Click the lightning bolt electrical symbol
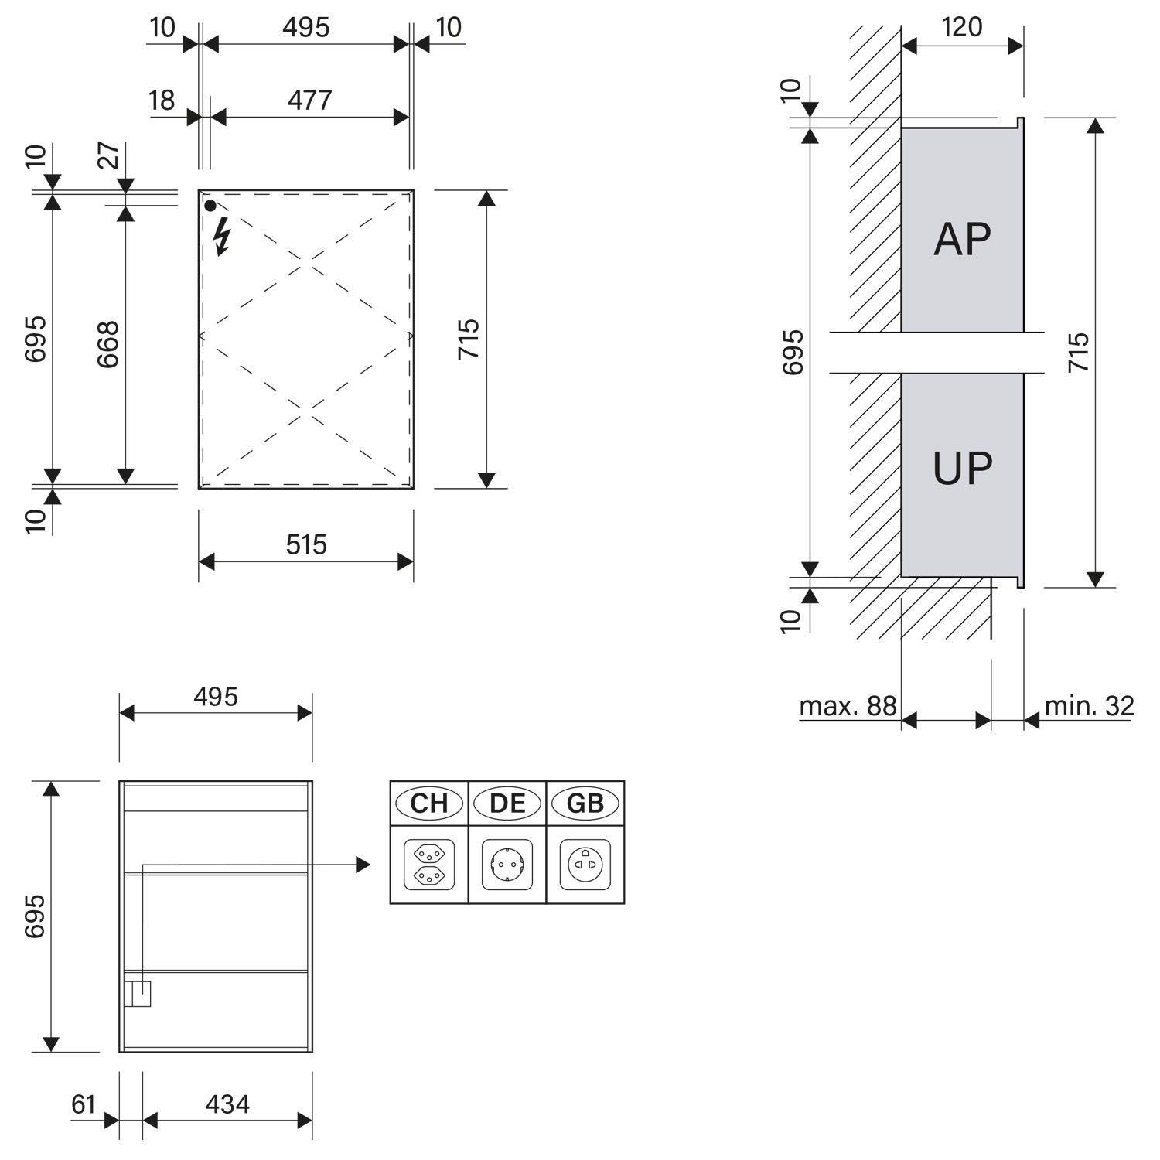222,237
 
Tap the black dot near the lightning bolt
210,206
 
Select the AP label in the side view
962,239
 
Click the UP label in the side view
962,468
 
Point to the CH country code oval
429,803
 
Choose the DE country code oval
507,803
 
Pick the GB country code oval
585,803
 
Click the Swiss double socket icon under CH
429,865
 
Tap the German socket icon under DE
507,865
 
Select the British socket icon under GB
585,865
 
